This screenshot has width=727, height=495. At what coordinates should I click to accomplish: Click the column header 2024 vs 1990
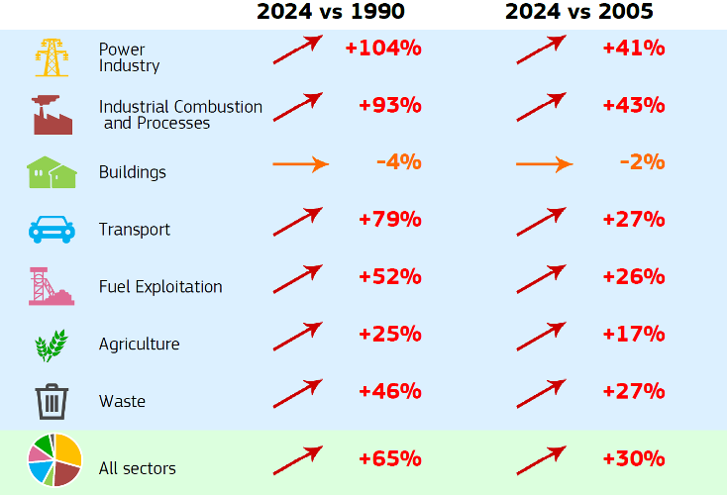coord(331,12)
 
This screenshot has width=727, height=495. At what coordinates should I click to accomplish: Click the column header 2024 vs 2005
coord(578,12)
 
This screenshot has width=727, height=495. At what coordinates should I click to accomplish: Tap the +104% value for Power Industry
coord(383,49)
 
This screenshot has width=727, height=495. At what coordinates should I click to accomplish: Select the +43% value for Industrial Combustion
coord(633,105)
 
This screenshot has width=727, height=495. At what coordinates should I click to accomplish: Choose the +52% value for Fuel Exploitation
coord(390,277)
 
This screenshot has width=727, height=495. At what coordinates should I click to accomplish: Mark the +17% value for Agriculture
coord(633,335)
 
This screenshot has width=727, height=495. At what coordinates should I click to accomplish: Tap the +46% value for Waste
coord(390,392)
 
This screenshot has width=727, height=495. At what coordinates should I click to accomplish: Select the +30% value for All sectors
coord(633,459)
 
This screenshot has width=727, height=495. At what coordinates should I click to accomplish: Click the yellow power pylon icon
coord(52,57)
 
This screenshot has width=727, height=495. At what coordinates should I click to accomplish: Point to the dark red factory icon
coord(52,114)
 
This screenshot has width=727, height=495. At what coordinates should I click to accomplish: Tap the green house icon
coord(52,172)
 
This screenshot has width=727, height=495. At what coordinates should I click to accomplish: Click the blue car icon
coord(52,230)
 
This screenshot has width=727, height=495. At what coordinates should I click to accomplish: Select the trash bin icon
coord(52,402)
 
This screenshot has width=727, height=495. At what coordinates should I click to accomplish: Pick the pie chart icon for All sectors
coord(53,460)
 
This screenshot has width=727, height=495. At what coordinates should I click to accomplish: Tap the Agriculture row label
coord(139,345)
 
